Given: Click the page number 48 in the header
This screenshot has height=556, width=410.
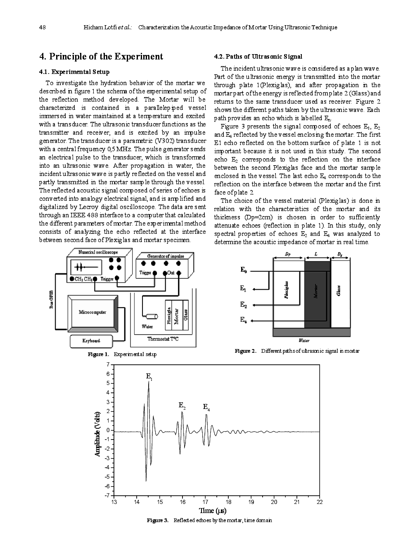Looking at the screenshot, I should (42, 27).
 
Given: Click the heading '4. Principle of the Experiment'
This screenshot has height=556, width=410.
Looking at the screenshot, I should (101, 57).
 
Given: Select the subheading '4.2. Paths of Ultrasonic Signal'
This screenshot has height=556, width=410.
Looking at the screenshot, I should (258, 57).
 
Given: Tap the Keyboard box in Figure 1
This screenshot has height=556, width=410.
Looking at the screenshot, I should (91, 341).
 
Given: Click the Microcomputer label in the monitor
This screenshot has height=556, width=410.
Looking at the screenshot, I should (92, 312).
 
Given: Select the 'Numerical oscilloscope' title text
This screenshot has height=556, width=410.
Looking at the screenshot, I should (98, 252).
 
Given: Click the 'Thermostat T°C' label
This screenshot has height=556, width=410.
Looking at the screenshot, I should (163, 339).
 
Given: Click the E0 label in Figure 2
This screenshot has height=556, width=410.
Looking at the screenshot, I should (244, 270).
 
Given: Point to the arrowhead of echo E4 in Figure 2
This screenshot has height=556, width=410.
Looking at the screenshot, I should (253, 321).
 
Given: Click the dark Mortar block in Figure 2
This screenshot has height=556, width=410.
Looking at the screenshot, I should (317, 294).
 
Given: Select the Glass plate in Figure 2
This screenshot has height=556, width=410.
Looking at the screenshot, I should (340, 291).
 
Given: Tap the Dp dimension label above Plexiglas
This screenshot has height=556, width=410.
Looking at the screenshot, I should (288, 255).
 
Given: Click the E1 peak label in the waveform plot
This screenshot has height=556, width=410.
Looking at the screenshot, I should (149, 376).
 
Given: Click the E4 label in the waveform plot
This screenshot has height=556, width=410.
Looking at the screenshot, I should (206, 407).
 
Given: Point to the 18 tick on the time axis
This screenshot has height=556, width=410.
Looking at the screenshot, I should (228, 502).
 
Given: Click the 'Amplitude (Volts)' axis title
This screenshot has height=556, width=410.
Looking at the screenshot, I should (97, 434).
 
